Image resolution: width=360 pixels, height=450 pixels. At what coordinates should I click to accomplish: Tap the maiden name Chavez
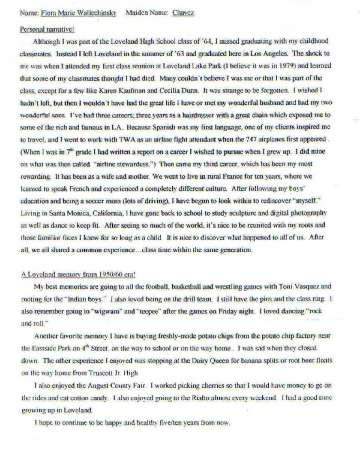pos(183,13)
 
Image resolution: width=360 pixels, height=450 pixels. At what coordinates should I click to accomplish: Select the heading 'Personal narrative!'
pos(47,29)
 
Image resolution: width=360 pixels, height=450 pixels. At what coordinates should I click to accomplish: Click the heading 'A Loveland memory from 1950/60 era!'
pos(78,274)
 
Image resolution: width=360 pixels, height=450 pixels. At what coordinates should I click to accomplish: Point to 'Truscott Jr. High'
pos(113,373)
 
